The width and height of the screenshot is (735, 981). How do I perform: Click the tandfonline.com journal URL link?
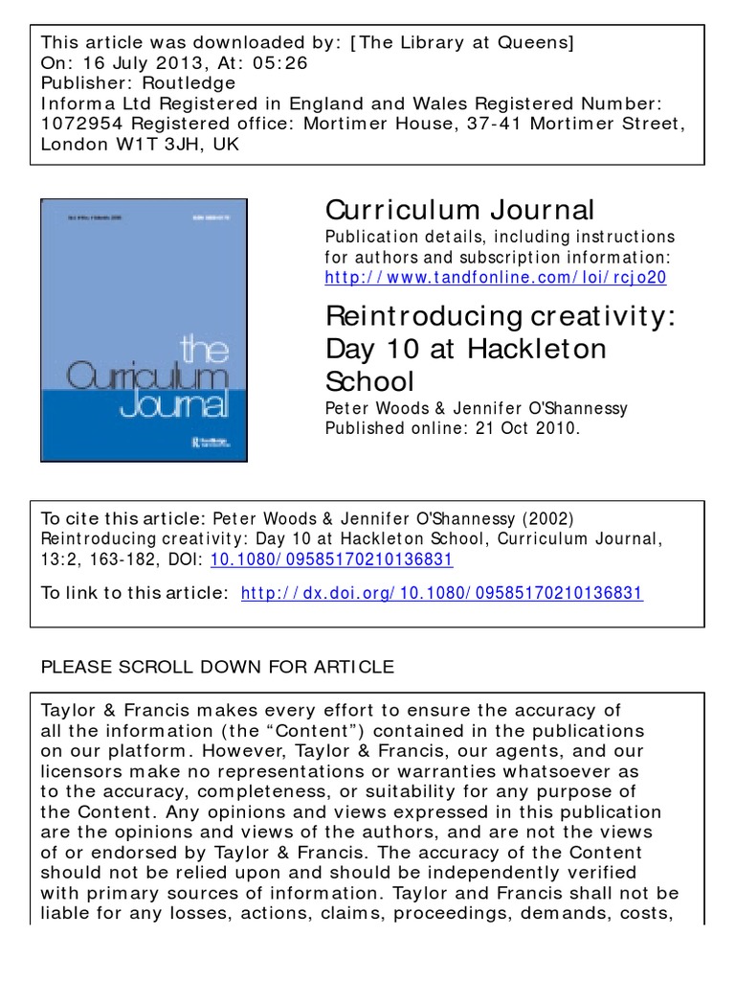pos(496,278)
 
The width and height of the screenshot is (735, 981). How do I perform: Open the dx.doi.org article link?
pos(442,594)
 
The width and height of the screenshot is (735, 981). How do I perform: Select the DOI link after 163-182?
pos(331,559)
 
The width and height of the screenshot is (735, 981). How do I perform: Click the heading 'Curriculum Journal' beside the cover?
pos(459,210)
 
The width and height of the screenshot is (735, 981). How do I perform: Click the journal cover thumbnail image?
pos(144,330)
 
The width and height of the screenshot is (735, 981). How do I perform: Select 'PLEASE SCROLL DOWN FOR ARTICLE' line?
pos(216,667)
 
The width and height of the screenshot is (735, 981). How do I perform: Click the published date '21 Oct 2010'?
pos(526,428)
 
